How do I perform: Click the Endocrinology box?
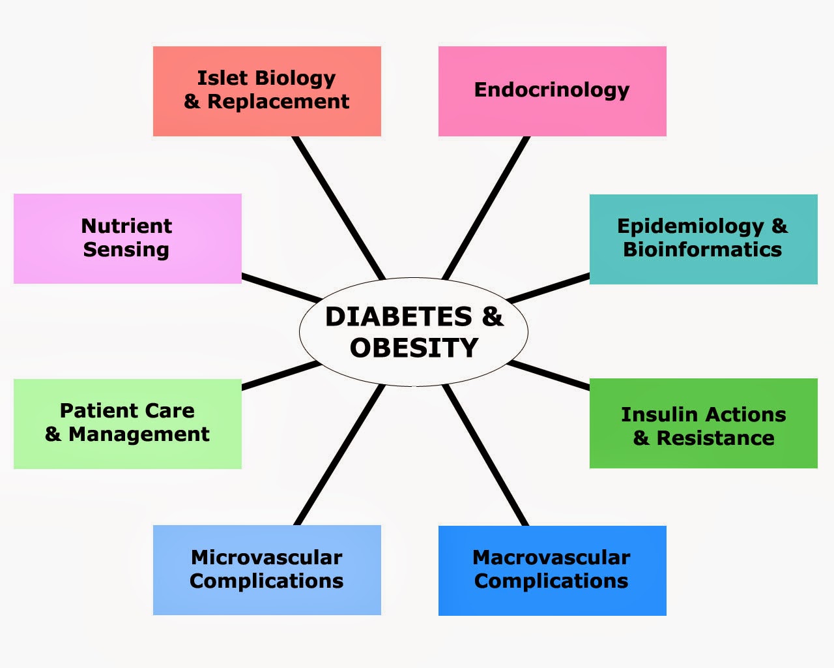pos(552,91)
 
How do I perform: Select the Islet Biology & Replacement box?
pos(266,91)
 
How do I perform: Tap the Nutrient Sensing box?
pos(127,238)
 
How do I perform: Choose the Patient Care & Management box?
pos(127,423)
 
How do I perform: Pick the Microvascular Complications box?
pos(266,569)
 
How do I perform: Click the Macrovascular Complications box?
pos(552,570)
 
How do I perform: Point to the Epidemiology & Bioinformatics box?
pos(703,239)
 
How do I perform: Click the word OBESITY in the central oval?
pos(414,348)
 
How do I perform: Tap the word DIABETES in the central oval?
pos(399,317)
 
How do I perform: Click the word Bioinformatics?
pos(702,250)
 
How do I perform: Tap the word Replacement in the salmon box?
pos(278,102)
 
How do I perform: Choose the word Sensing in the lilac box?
pos(126,250)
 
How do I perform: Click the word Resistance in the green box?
pos(715,438)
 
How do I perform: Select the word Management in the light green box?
pos(139,434)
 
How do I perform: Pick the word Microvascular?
pos(266,558)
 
